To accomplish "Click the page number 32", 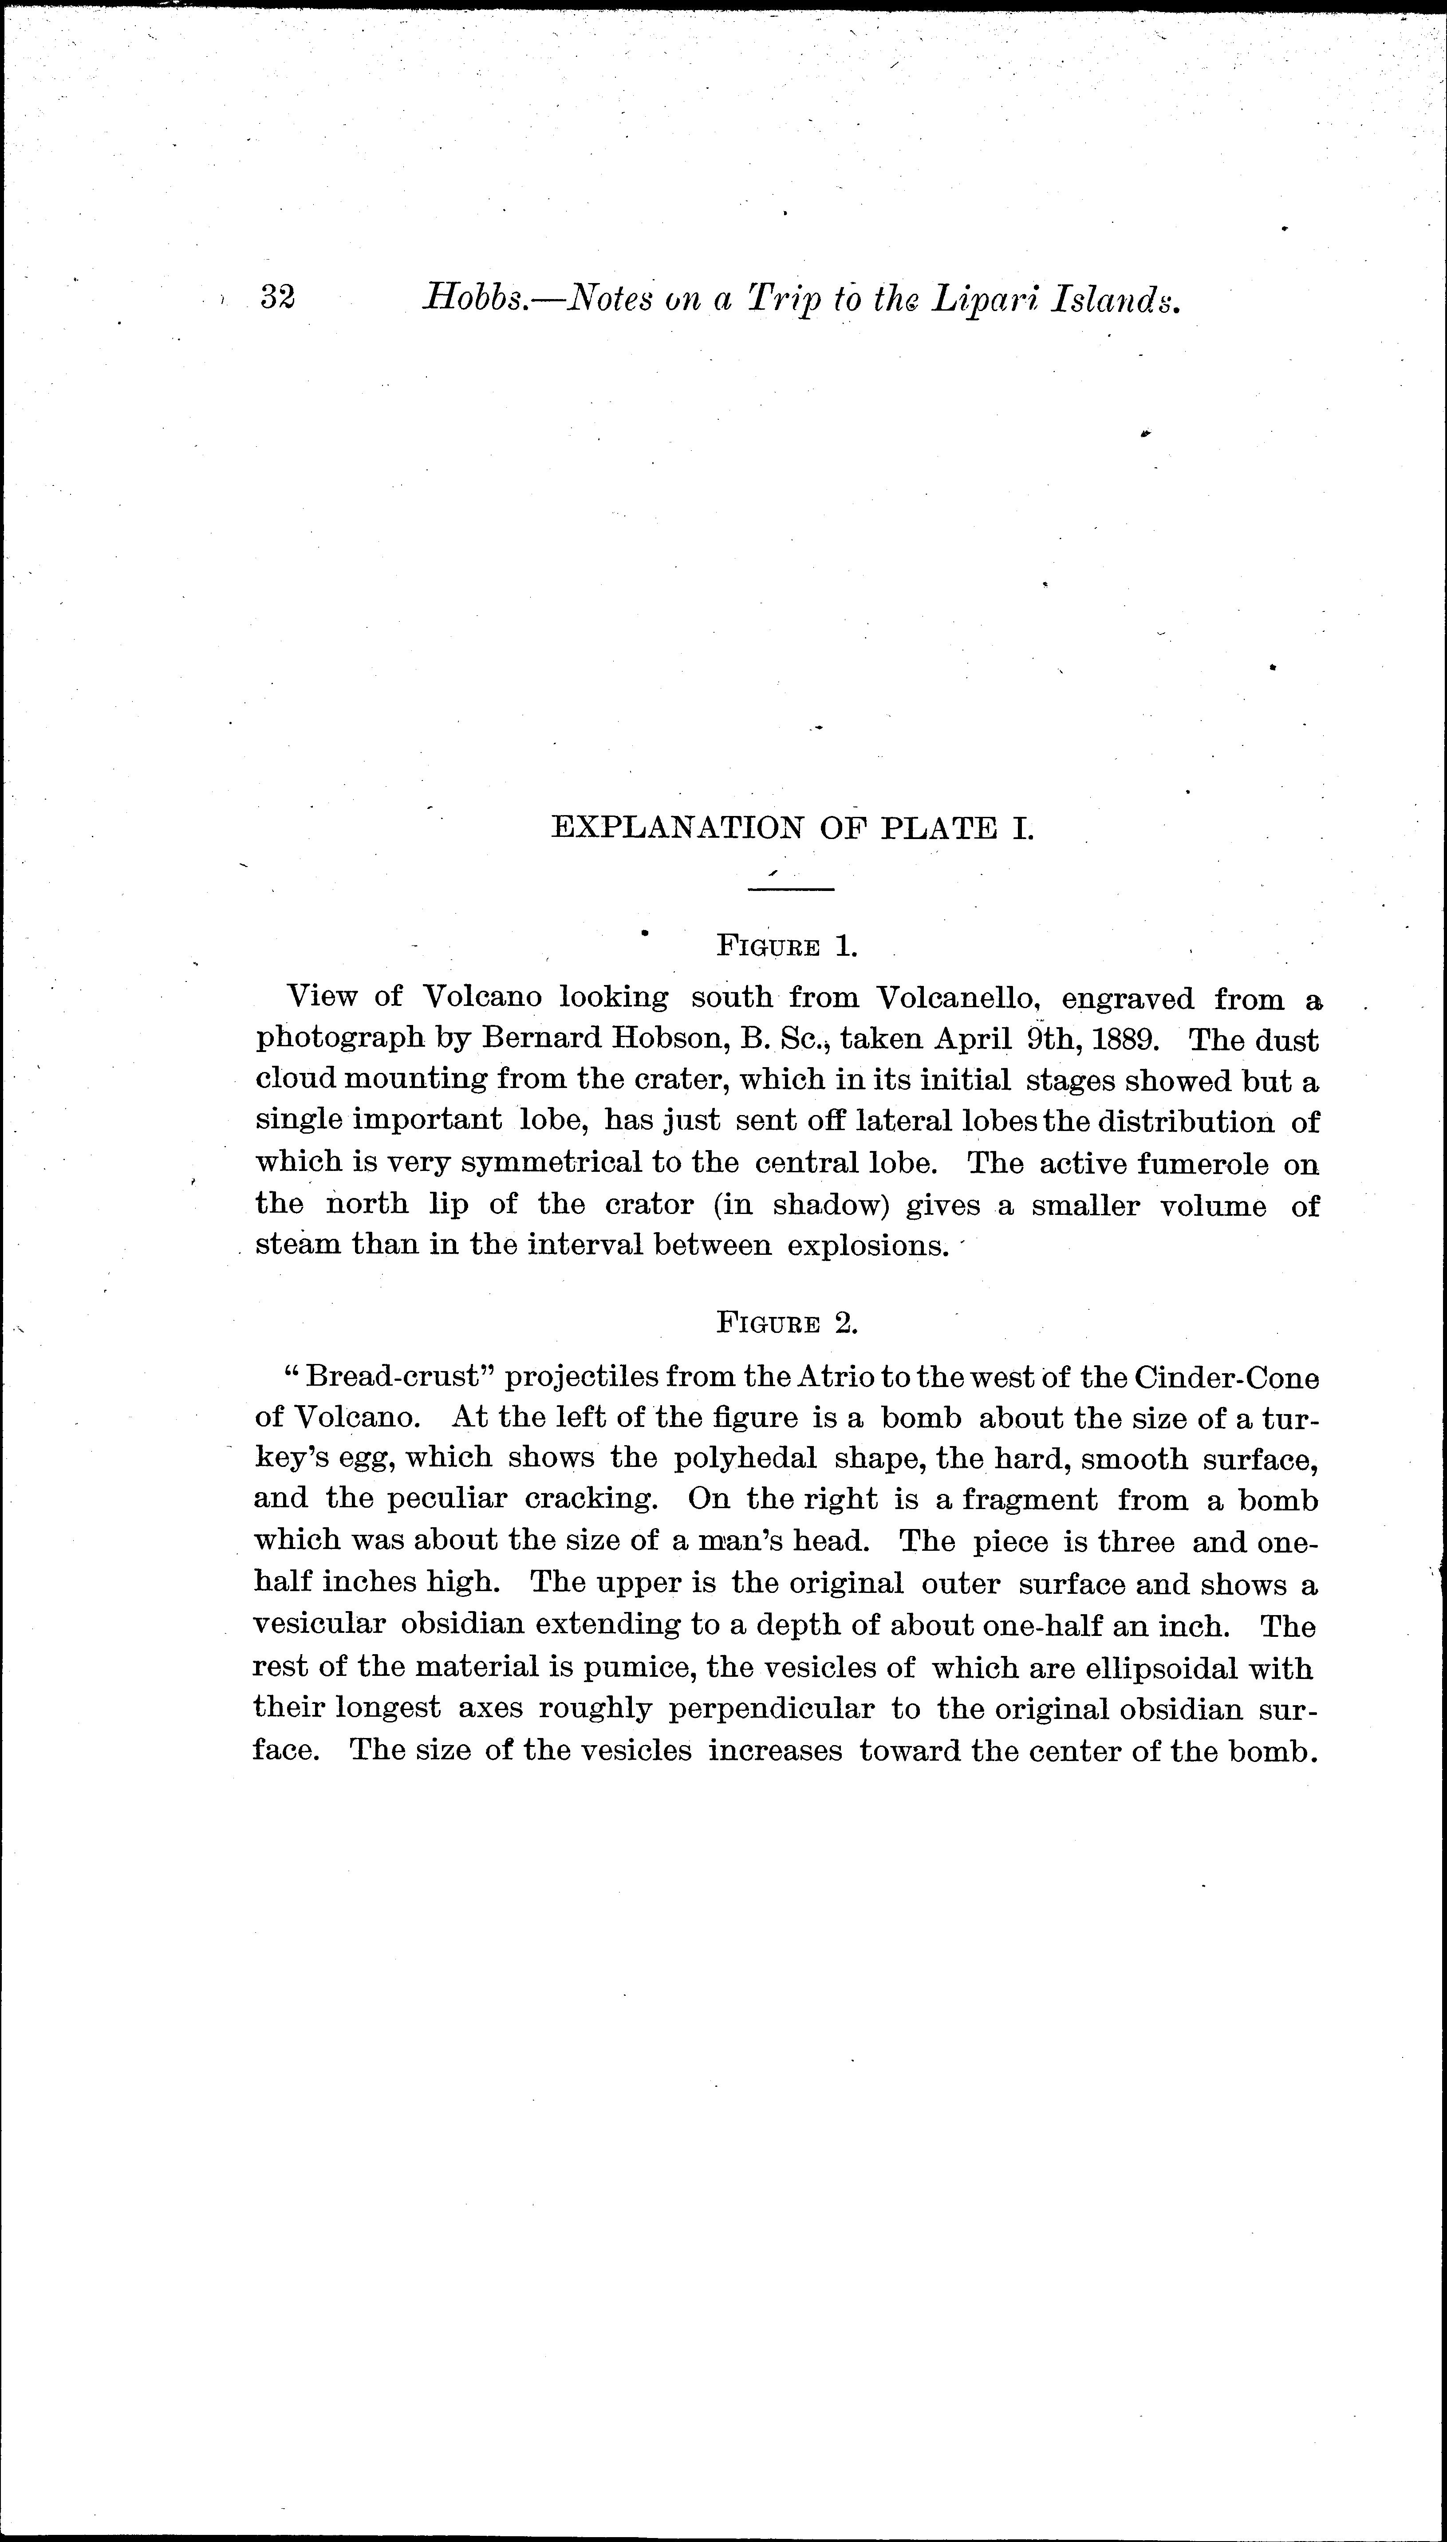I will click(x=277, y=297).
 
